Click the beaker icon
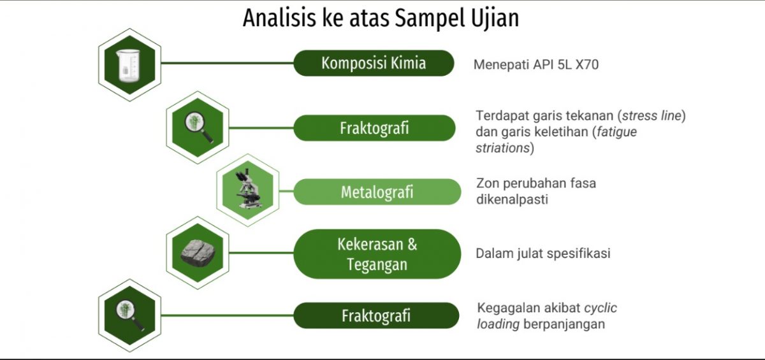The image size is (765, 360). [x=128, y=66]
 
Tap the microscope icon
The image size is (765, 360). [x=249, y=189]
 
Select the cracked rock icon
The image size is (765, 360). [x=198, y=253]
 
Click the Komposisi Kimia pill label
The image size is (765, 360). [x=374, y=63]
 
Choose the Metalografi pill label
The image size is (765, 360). [x=377, y=192]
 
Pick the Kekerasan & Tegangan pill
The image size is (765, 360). [x=377, y=254]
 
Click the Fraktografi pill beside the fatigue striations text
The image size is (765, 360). [x=374, y=128]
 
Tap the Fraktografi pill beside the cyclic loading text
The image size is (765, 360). [x=376, y=315]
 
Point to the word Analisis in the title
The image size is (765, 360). [x=279, y=18]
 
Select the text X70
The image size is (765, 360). [x=587, y=64]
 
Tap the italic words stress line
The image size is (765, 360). [x=652, y=116]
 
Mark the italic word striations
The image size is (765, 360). [x=502, y=148]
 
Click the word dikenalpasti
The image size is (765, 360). [x=513, y=199]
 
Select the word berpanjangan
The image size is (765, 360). [x=564, y=324]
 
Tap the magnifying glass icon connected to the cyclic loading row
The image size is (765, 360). [x=129, y=315]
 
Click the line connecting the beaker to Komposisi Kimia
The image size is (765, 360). [x=227, y=63]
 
